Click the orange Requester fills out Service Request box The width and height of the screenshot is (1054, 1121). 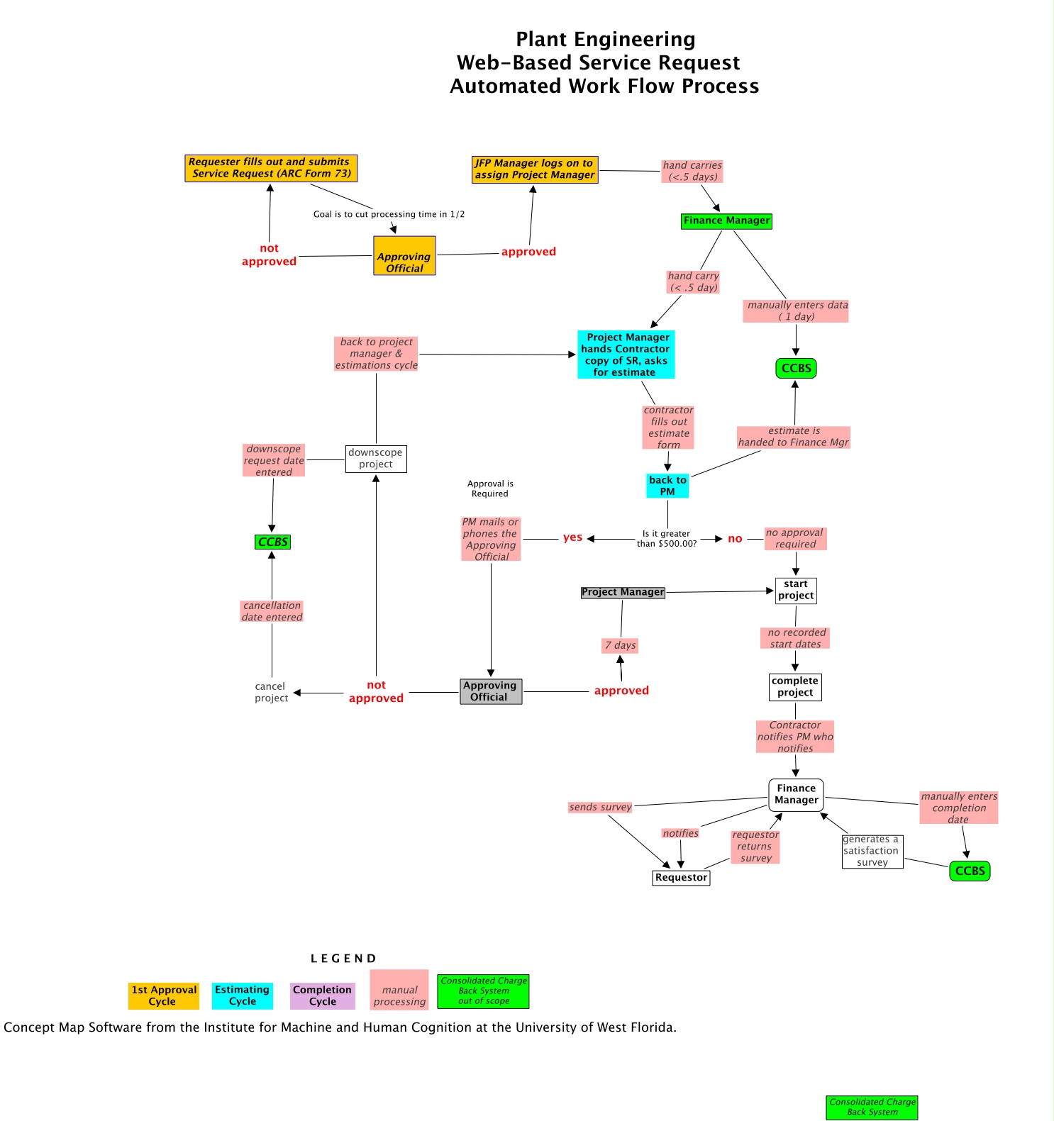(270, 168)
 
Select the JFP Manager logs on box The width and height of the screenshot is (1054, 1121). (534, 169)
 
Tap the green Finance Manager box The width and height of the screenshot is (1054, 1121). (726, 221)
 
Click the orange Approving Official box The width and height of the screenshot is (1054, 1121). (404, 256)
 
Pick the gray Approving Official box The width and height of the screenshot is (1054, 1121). (490, 691)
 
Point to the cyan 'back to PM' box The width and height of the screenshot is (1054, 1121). (667, 486)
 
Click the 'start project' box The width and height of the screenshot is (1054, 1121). (796, 590)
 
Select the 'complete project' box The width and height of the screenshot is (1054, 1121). (795, 687)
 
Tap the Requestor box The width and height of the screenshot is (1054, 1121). (681, 878)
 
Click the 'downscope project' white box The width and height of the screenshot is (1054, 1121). (376, 459)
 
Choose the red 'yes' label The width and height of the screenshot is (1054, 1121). (572, 537)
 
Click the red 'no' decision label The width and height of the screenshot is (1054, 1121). (735, 539)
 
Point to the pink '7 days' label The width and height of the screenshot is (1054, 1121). (621, 645)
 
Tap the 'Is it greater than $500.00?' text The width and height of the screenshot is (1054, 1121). (666, 539)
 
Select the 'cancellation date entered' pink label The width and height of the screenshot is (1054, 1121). (272, 611)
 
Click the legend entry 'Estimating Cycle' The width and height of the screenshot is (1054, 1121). (242, 995)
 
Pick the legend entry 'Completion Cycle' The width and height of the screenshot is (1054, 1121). (322, 995)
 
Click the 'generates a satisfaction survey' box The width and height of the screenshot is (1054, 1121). (872, 851)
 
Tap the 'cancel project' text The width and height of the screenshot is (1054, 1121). (271, 692)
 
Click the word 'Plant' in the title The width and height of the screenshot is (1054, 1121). (545, 40)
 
